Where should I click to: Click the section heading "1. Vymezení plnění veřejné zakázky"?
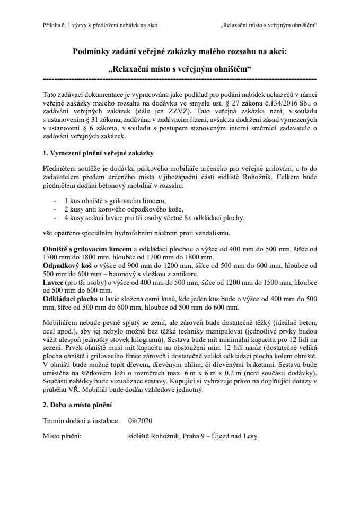tap(98, 153)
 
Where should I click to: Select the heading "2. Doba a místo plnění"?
tap(77, 406)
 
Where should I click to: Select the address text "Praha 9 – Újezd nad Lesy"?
tap(219, 436)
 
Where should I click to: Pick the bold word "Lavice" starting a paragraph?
tap(52, 283)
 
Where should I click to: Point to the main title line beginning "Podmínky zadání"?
tap(179, 51)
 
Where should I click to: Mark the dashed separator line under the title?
tap(179, 78)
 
